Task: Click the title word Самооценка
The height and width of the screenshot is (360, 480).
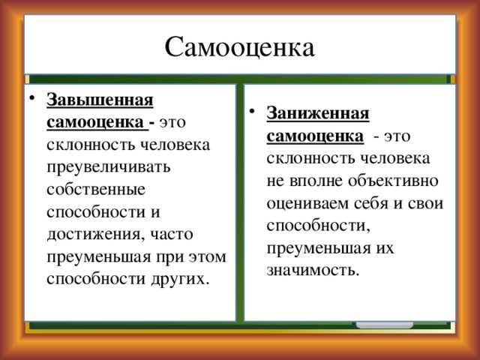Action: pyautogui.click(x=240, y=47)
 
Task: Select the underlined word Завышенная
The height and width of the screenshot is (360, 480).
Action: pyautogui.click(x=100, y=100)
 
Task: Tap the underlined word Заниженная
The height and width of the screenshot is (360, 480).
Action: pyautogui.click(x=318, y=113)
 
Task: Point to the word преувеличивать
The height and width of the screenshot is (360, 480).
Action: pyautogui.click(x=108, y=167)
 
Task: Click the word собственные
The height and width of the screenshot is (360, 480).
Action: pyautogui.click(x=96, y=190)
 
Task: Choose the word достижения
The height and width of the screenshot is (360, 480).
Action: pyautogui.click(x=95, y=235)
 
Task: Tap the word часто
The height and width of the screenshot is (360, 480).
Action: pyautogui.click(x=172, y=235)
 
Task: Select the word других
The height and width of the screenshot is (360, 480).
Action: pyautogui.click(x=180, y=280)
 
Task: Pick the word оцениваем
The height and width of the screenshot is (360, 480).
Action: pyautogui.click(x=307, y=203)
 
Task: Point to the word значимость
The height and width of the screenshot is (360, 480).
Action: pyautogui.click(x=313, y=270)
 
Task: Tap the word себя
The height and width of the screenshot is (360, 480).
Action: pyautogui.click(x=371, y=203)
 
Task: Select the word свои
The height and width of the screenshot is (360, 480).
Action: pyautogui.click(x=425, y=203)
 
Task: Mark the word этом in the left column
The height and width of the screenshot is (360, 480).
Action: pyautogui.click(x=207, y=256)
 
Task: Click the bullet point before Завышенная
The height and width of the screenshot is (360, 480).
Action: pyautogui.click(x=31, y=98)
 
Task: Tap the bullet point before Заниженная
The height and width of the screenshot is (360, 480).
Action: pyautogui.click(x=252, y=111)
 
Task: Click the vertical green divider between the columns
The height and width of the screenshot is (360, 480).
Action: pyautogui.click(x=240, y=202)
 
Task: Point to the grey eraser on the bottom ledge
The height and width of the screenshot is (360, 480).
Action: pyautogui.click(x=385, y=325)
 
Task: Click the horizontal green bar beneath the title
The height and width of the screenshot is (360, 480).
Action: pyautogui.click(x=240, y=79)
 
